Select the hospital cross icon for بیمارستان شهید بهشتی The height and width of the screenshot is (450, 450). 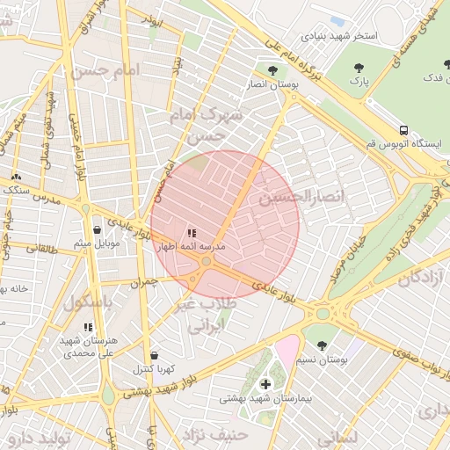click(x=265, y=384)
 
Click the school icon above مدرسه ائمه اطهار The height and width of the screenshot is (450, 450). click(x=192, y=233)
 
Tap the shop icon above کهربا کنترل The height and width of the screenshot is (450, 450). click(x=155, y=355)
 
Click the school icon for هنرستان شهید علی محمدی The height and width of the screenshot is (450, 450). click(x=88, y=327)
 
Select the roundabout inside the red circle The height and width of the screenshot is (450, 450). click(x=206, y=261)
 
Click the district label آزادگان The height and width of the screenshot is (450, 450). click(x=423, y=279)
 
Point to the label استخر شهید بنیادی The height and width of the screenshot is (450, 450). click(x=339, y=37)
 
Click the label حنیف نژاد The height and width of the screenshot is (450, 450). click(x=215, y=434)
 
